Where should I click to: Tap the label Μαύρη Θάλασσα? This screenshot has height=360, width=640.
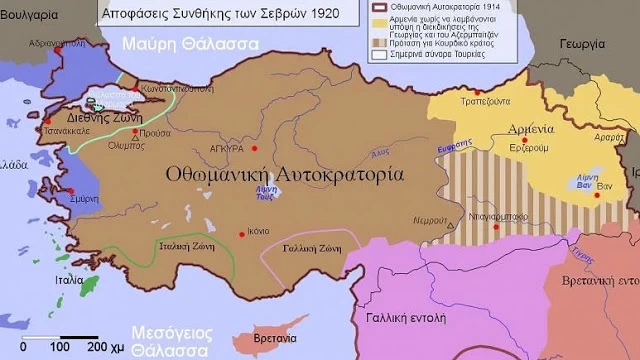click(189, 45)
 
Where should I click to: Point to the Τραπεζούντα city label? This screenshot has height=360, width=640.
click(485, 104)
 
